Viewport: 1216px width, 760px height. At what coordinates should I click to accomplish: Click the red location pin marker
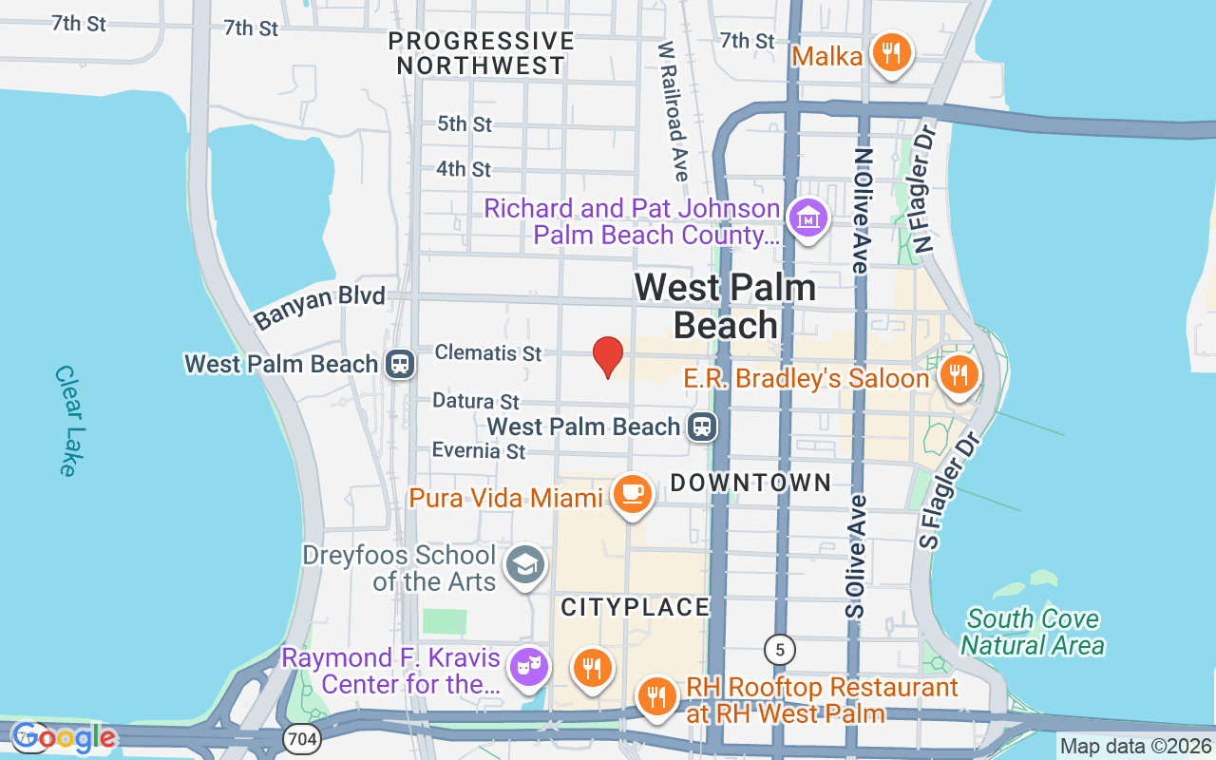pos(608,357)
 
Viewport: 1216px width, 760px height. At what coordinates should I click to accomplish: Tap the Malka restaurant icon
pos(890,53)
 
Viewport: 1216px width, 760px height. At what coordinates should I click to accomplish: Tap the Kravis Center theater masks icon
pos(525,666)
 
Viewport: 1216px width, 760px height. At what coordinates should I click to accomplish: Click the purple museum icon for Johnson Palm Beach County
pos(808,218)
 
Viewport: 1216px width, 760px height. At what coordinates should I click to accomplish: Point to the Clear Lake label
pos(66,421)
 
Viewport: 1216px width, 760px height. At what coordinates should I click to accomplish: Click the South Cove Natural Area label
pos(1032,633)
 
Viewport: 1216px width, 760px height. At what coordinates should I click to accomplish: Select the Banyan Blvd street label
pos(319,306)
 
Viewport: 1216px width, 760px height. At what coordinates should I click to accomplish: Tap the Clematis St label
pos(488,352)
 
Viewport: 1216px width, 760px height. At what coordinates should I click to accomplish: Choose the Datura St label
pos(476,401)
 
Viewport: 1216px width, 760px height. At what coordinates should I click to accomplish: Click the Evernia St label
pos(479,449)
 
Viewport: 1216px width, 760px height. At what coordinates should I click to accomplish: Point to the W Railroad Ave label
pos(673,109)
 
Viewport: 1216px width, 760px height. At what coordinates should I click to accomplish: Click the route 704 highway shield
pos(303,737)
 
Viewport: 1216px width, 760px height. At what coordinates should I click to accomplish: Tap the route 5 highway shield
pos(780,650)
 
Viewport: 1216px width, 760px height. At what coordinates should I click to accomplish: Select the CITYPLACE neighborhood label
pos(636,607)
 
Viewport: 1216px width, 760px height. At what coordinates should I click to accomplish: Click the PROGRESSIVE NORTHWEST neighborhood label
pos(482,53)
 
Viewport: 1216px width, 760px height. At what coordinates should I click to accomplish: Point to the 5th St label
pos(465,123)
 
